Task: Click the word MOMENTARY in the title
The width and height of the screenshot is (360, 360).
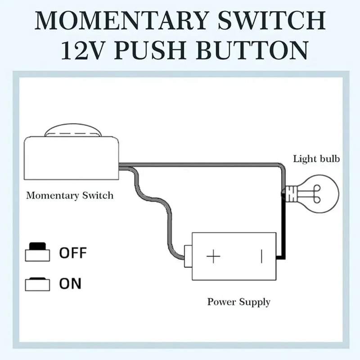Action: tap(119, 20)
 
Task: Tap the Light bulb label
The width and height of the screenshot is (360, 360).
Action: tap(316, 159)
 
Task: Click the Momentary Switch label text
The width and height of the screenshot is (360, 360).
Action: tap(70, 195)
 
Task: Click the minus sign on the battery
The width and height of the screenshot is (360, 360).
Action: tap(261, 256)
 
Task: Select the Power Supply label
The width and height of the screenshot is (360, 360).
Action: tap(239, 301)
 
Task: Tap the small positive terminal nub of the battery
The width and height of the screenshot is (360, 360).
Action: tap(188, 256)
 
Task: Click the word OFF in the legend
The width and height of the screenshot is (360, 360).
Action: tap(73, 253)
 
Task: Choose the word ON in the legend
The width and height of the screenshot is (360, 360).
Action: tap(70, 284)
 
